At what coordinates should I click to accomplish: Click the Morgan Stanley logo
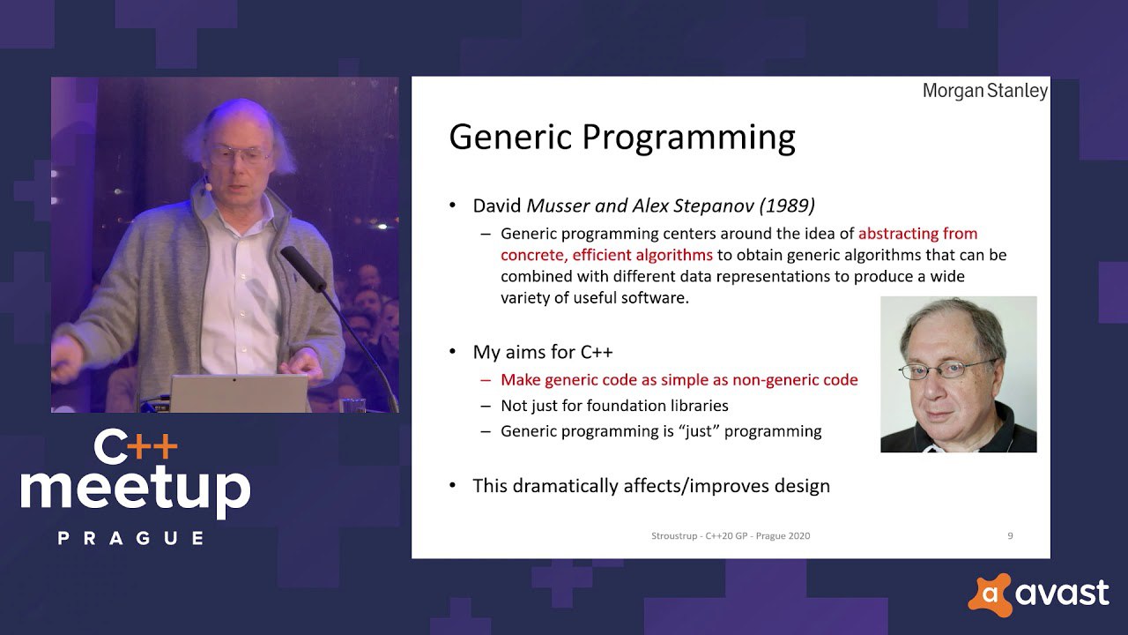(x=985, y=91)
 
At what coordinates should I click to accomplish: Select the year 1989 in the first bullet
(x=787, y=205)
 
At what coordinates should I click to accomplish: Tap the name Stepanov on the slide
(x=714, y=206)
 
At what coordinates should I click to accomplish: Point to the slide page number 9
(x=1010, y=535)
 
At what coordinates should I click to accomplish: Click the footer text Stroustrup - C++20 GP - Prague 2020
(x=731, y=535)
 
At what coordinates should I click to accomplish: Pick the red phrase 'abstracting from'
(x=917, y=234)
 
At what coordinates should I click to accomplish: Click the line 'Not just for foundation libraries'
(x=614, y=406)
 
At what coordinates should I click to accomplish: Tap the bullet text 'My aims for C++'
(x=542, y=352)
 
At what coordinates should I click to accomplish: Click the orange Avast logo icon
(x=990, y=594)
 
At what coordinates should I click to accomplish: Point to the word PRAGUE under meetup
(x=131, y=538)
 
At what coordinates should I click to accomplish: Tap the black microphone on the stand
(x=304, y=268)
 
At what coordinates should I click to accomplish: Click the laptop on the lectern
(x=239, y=393)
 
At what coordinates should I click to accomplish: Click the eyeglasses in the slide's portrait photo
(x=946, y=370)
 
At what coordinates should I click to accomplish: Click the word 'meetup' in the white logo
(x=135, y=490)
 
